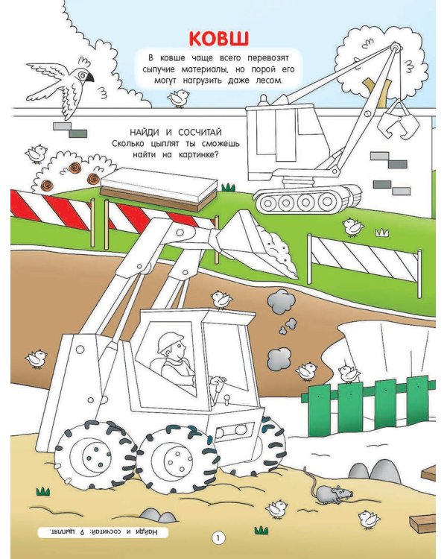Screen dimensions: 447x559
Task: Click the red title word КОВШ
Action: tap(219, 39)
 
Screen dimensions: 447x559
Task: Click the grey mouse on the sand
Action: tap(333, 494)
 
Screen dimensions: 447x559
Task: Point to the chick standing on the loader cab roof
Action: tap(221, 299)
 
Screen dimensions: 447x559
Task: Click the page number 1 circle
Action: tap(218, 538)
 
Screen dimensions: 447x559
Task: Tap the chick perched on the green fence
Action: tap(349, 373)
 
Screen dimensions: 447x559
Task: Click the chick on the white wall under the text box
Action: tap(178, 98)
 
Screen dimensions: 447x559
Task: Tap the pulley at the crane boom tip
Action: tap(395, 47)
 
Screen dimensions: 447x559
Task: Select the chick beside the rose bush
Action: tap(37, 154)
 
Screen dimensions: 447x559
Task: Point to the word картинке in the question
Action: tap(198, 155)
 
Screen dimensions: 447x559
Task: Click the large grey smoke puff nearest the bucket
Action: tap(281, 300)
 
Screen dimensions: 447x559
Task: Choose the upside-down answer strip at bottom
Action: tap(103, 532)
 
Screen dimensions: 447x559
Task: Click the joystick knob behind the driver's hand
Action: tap(226, 397)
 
